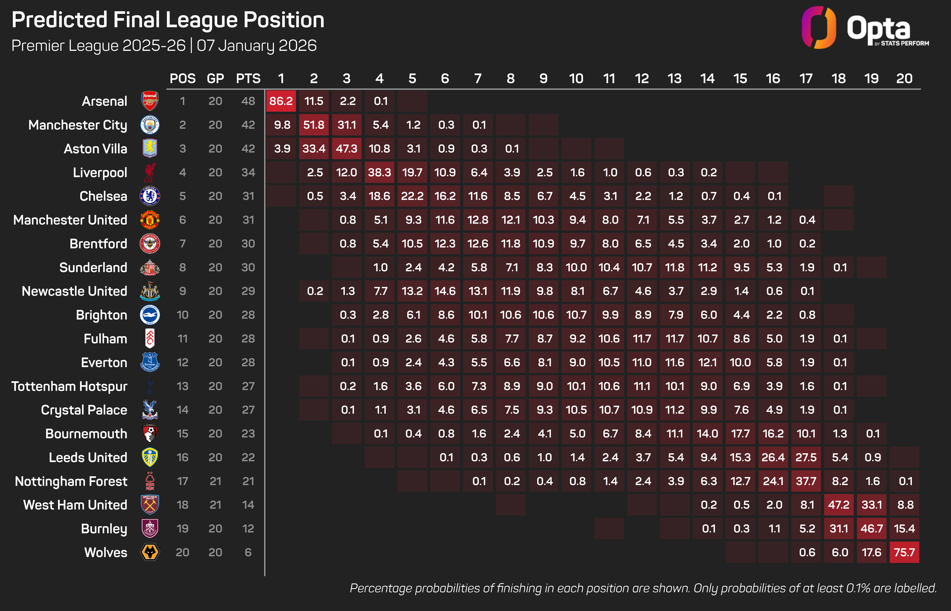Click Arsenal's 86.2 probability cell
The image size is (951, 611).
[281, 101]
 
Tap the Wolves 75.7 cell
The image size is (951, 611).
[904, 552]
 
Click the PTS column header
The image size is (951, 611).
[248, 79]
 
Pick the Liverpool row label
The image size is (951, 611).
[100, 173]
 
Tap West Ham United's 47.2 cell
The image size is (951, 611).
[839, 505]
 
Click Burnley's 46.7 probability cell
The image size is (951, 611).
[872, 529]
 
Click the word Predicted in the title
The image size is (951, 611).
[60, 20]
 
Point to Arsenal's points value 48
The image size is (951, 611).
[248, 101]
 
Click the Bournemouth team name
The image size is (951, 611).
[86, 434]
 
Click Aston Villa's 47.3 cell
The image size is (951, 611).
[346, 149]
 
